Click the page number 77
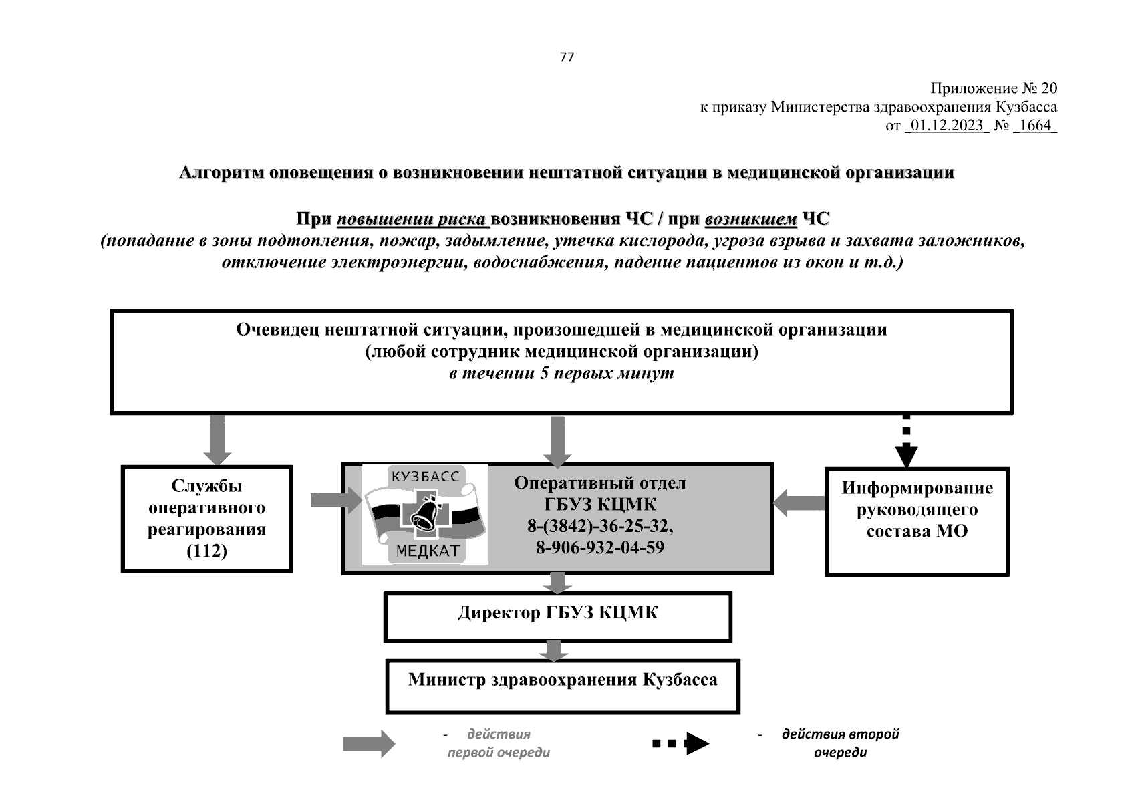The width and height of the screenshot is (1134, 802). [x=566, y=57]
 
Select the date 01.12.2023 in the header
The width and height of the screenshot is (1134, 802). [x=946, y=125]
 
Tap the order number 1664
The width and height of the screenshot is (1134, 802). [x=1035, y=125]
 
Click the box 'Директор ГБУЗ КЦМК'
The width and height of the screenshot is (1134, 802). [x=557, y=616]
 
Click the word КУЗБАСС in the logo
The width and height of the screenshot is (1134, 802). [x=425, y=476]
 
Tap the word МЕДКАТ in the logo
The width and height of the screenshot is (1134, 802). [x=428, y=551]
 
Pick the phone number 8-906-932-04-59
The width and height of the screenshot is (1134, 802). [x=599, y=548]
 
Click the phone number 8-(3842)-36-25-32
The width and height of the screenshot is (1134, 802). [x=599, y=527]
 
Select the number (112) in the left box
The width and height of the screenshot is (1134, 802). [x=206, y=551]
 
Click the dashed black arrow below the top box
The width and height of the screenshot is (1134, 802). [x=906, y=441]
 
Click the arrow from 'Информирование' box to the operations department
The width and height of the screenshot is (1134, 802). [x=799, y=503]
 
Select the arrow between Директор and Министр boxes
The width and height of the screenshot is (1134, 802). [x=553, y=650]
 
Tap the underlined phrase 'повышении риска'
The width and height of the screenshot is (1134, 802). [x=412, y=219]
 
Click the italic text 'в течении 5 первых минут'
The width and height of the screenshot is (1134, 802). [x=561, y=374]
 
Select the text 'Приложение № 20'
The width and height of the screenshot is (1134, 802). [x=994, y=89]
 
